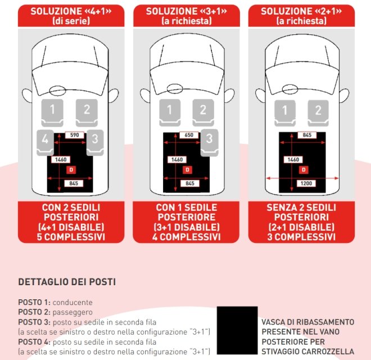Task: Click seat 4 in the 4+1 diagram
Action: [x=45, y=141]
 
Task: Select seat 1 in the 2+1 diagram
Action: [x=283, y=110]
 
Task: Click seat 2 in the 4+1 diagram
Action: [x=87, y=110]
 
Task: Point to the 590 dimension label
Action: [x=74, y=136]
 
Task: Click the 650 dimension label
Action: [x=189, y=136]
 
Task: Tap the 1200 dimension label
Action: [x=306, y=183]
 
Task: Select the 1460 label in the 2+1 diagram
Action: [x=293, y=160]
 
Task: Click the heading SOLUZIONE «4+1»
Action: [x=70, y=11]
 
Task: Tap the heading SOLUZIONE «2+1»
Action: [x=301, y=11]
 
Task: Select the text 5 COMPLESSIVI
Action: [x=71, y=237]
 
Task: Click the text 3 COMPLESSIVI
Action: [x=301, y=237]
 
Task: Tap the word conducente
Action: [x=73, y=302]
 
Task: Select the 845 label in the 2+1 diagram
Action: [x=306, y=136]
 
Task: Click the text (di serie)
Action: [x=70, y=21]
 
